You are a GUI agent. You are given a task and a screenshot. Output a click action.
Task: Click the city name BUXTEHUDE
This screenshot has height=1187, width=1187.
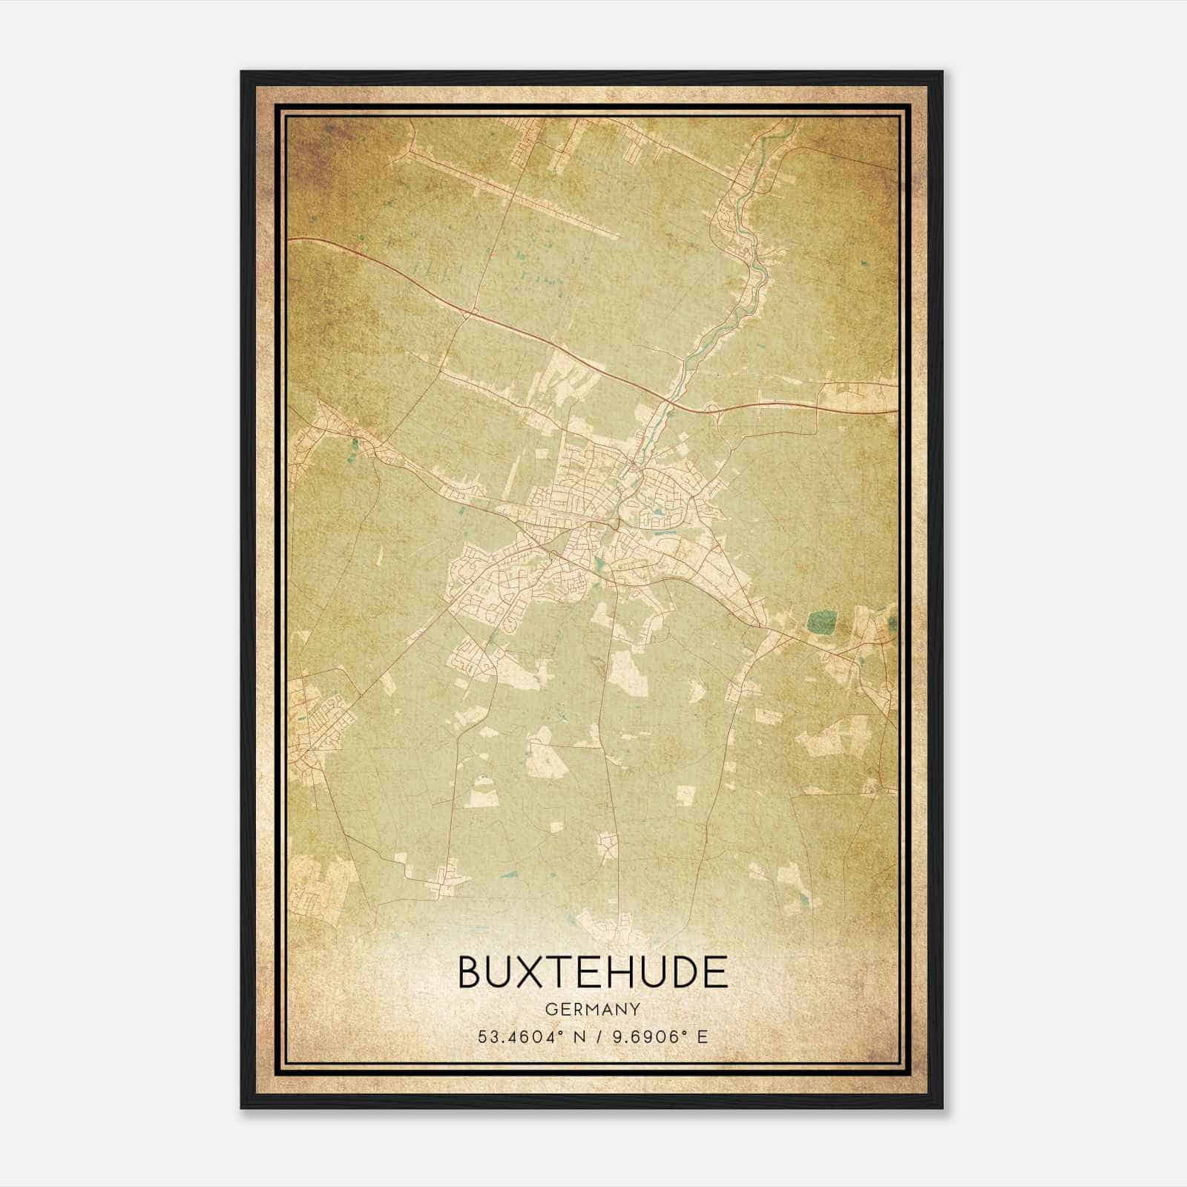[x=593, y=973]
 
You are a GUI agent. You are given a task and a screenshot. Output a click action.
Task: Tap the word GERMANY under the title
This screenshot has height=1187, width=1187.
[x=593, y=1010]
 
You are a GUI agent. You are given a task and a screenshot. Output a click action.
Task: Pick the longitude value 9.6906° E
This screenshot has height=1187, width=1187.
[x=660, y=1036]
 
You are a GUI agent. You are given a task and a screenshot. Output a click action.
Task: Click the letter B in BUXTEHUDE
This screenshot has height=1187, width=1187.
[x=472, y=973]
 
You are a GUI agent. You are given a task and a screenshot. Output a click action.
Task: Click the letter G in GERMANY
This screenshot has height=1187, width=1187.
[x=550, y=1010]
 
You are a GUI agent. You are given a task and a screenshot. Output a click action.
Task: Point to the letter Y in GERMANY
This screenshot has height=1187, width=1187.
[x=635, y=1010]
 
